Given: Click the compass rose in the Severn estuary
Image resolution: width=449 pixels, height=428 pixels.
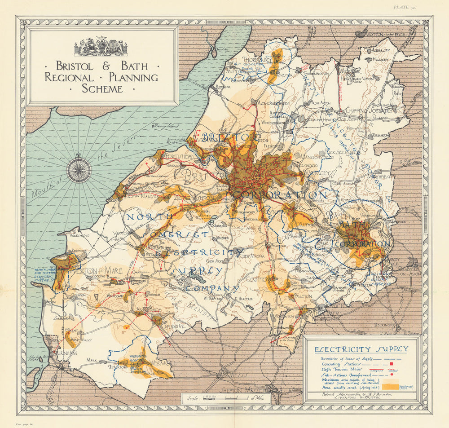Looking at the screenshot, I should (79, 169).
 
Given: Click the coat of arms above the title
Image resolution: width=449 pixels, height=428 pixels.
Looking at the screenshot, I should (101, 47).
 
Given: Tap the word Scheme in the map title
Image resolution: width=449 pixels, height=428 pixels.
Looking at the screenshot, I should (102, 88).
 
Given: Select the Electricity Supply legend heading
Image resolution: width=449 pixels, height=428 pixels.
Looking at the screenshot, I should (361, 349).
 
